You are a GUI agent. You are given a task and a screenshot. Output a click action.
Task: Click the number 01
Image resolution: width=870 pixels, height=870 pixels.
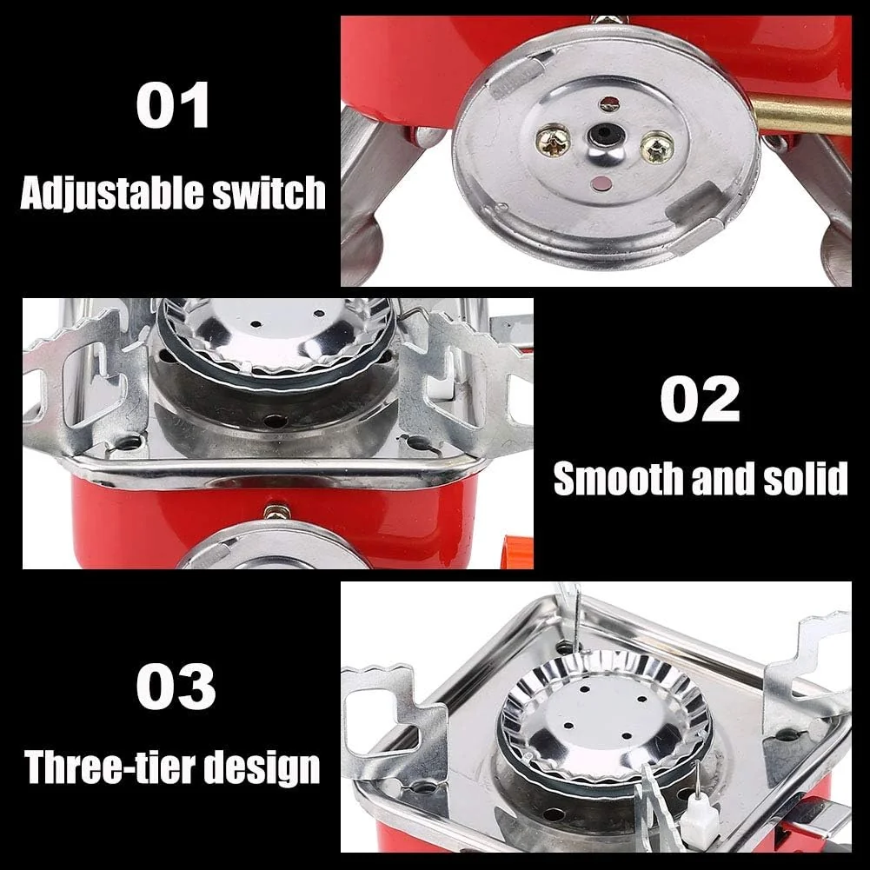[x=172, y=107]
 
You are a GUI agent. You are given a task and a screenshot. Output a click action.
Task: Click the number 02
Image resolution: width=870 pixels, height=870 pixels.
[x=700, y=400]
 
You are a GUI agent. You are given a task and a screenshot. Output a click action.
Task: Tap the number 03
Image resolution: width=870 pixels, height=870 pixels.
[x=176, y=687]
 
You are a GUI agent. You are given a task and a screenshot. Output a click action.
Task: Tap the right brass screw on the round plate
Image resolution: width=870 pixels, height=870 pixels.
[x=657, y=147]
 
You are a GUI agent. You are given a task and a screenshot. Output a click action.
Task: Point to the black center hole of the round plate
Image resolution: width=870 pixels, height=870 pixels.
[x=601, y=136]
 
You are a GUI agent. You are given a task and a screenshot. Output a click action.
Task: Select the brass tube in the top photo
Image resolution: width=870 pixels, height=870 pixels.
[x=800, y=116]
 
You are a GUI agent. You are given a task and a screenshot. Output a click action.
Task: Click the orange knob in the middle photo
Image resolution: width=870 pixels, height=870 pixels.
[x=518, y=552]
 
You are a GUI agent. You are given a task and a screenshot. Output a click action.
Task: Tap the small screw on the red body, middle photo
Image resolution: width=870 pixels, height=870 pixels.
[x=276, y=512]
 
